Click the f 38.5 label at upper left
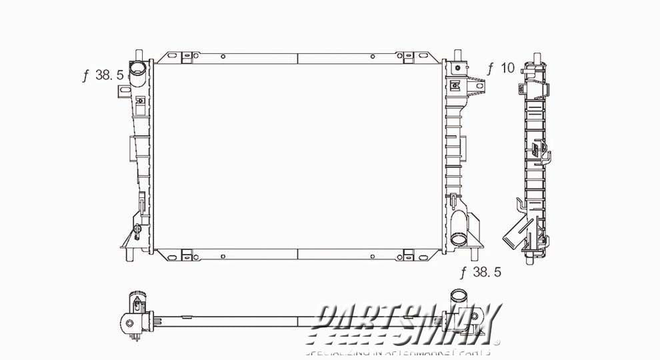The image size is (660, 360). (102, 75)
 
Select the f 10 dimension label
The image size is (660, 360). (501, 68)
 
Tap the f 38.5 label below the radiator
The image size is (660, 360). (480, 272)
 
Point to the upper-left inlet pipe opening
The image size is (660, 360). (138, 69)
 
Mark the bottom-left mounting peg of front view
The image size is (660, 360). (137, 255)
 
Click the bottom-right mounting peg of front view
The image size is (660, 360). (475, 254)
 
